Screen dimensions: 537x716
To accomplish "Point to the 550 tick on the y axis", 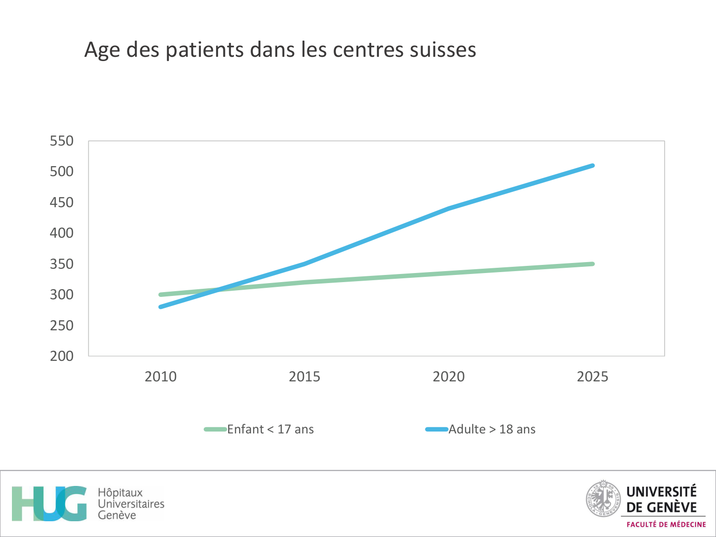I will pyautogui.click(x=62, y=141).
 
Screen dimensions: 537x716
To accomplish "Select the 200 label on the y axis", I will pyautogui.click(x=62, y=356).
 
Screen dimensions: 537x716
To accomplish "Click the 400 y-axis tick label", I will pyautogui.click(x=62, y=233).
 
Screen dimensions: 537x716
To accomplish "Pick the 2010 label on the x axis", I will pyautogui.click(x=160, y=377).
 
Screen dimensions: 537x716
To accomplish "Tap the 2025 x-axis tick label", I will pyautogui.click(x=592, y=377).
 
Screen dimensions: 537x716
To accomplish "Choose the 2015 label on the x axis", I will pyautogui.click(x=305, y=377).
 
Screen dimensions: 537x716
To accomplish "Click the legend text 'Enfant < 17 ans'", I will pyautogui.click(x=270, y=429).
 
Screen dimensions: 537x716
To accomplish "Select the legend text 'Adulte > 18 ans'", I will pyautogui.click(x=492, y=429).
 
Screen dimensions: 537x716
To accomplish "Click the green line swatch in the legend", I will pyautogui.click(x=215, y=429).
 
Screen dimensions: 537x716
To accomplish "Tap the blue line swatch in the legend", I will pyautogui.click(x=436, y=429).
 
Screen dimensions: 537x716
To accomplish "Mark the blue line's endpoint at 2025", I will pyautogui.click(x=592, y=166).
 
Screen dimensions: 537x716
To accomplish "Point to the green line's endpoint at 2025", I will pyautogui.click(x=592, y=264).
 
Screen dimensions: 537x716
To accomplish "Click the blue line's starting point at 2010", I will pyautogui.click(x=161, y=307).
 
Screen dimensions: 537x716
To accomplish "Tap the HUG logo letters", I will pyautogui.click(x=49, y=504).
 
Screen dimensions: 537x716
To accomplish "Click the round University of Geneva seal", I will pyautogui.click(x=603, y=499).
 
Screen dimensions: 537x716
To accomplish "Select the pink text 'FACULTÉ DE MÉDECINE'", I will pyautogui.click(x=666, y=525).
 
